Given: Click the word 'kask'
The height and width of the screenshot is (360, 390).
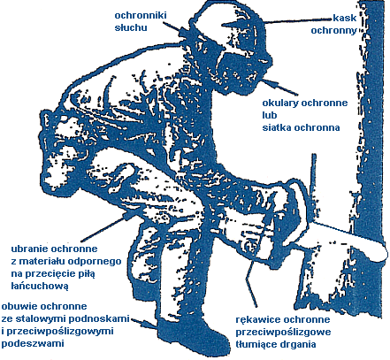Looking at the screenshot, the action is pos(345,18).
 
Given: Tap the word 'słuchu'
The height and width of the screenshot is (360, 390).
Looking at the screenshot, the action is pos(131,27).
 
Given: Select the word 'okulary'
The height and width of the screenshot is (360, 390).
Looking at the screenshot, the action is pos(280,103).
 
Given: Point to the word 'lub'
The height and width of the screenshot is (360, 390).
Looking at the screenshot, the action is pos(270,115).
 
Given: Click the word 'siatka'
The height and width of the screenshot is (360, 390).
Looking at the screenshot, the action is pos(277,127).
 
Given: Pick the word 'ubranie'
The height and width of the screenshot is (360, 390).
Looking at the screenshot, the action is pos(30,249).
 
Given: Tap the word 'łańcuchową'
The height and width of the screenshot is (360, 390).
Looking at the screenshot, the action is pos(40,286).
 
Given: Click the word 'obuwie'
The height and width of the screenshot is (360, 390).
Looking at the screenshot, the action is pos(19,306).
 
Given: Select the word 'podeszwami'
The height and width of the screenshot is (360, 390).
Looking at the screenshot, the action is pos(33,344).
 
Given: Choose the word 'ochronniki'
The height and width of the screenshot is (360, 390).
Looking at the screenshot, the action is pos(141,15).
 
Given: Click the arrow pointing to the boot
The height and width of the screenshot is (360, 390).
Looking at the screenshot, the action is pos(144,323).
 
